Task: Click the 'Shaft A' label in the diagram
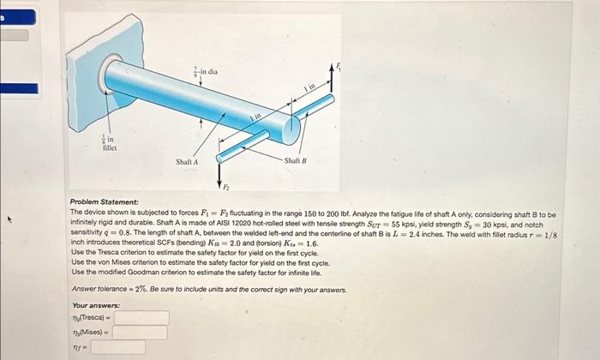pos(187,161)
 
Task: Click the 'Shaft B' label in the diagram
pos(294,161)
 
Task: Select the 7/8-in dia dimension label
pos(206,72)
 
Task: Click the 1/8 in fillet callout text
pos(109,142)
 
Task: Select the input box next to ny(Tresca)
pos(141,318)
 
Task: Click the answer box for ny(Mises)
pos(141,333)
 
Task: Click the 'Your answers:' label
pos(96,305)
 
